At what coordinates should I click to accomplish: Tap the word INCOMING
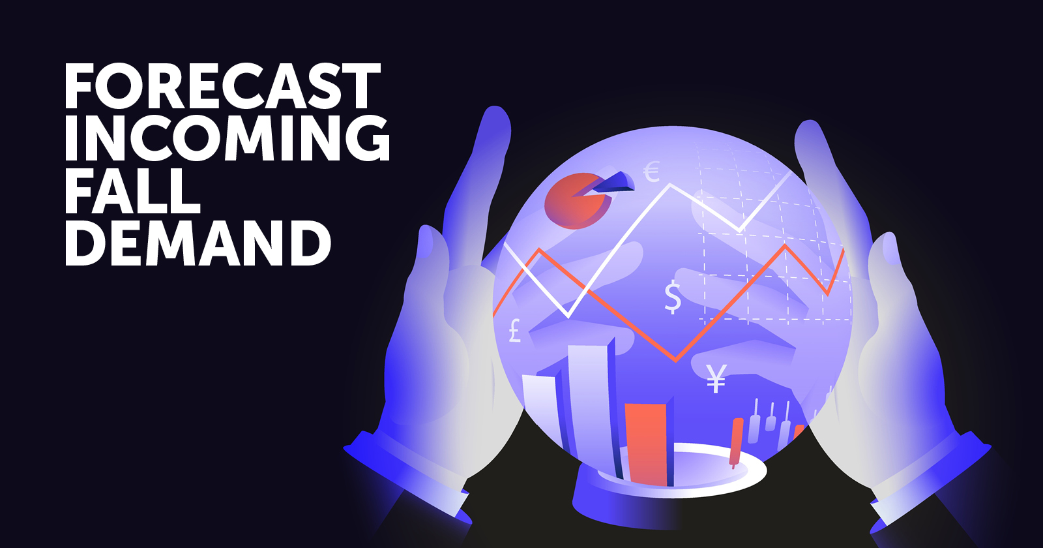pos(227,138)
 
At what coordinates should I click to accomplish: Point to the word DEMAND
pos(198,243)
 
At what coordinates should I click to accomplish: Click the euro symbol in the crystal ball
pos(652,172)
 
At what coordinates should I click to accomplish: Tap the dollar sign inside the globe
pos(673,297)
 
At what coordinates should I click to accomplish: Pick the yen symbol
pos(716,378)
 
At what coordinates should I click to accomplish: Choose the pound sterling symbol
pos(514,331)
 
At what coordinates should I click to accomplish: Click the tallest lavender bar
pos(591,405)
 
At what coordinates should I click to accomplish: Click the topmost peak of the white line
pos(671,185)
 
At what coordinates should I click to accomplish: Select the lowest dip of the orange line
pos(676,359)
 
